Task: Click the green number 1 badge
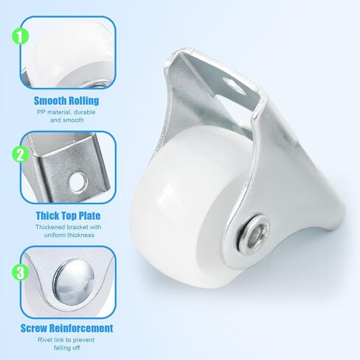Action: pos(21,36)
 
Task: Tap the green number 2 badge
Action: pos(21,155)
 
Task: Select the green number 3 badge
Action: pos(21,272)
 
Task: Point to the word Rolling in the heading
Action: pos(83,100)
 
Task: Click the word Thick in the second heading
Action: pos(48,215)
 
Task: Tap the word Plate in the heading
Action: pos(89,215)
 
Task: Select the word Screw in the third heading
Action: pos(35,328)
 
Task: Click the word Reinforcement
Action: pos(81,328)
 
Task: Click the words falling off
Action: pos(66,347)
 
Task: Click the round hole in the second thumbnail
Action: pos(77,182)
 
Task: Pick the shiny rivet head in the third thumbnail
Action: pos(74,280)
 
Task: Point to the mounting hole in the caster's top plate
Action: pos(234,86)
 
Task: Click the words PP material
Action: pos(52,112)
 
